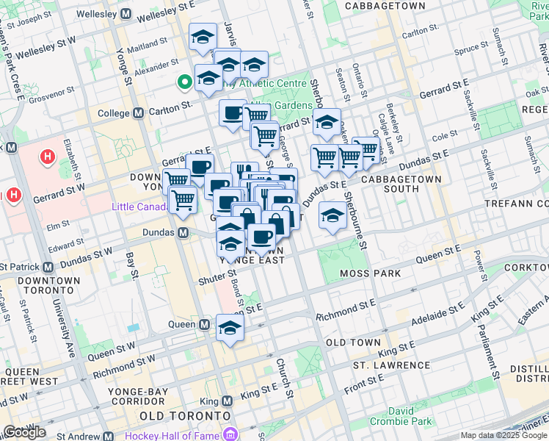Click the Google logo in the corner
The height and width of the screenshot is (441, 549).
click(x=24, y=431)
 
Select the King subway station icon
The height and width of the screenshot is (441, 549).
click(x=227, y=401)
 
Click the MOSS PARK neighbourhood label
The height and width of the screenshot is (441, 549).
click(x=371, y=273)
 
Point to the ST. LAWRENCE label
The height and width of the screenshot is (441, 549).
click(x=390, y=365)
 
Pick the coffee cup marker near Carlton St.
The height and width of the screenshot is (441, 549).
click(x=233, y=113)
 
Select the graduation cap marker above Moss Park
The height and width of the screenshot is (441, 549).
click(x=332, y=215)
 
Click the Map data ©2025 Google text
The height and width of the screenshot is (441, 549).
click(x=503, y=435)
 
